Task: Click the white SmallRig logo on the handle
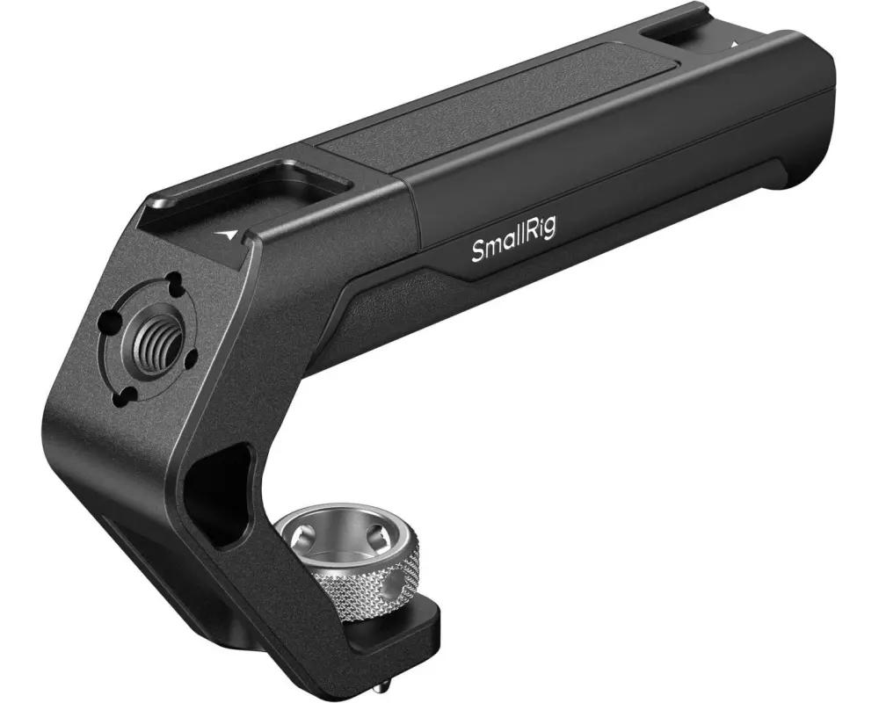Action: click(x=514, y=245)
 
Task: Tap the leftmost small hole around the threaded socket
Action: click(x=106, y=322)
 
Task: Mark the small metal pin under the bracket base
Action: click(x=375, y=679)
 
